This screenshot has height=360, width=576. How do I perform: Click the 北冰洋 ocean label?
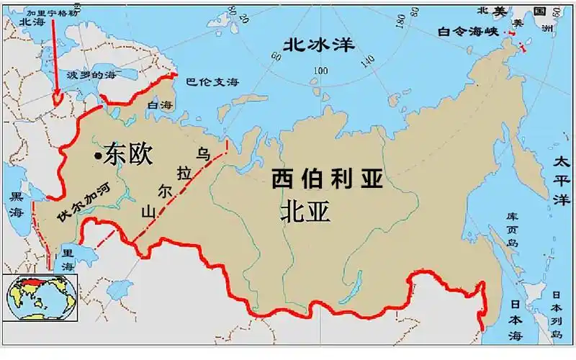[x=319, y=45]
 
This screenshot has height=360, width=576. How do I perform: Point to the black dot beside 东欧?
[x=97, y=155]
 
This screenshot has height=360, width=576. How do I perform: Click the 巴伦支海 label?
[x=212, y=83]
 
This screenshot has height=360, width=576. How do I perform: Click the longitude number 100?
[x=320, y=71]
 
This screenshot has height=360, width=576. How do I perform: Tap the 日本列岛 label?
[x=557, y=314]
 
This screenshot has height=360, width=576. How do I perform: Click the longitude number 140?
[x=369, y=60]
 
